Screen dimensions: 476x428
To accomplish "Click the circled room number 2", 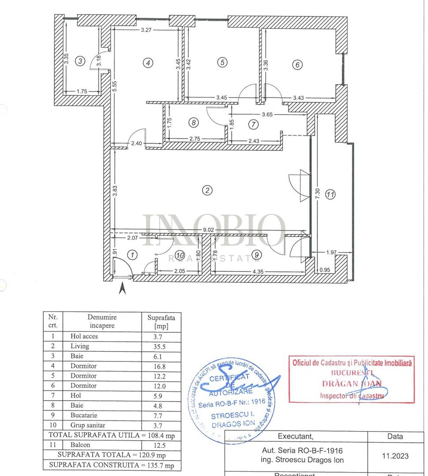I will click(207, 190).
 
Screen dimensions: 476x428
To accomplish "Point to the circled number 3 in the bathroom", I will click(79, 61).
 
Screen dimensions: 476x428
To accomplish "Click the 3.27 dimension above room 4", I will click(146, 30).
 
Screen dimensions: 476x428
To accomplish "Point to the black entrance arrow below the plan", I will click(123, 289).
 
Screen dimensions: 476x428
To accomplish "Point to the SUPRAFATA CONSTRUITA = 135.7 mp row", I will click(112, 465).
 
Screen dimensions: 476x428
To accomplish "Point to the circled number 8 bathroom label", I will click(193, 123).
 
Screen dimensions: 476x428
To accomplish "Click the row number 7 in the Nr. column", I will click(53, 395).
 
